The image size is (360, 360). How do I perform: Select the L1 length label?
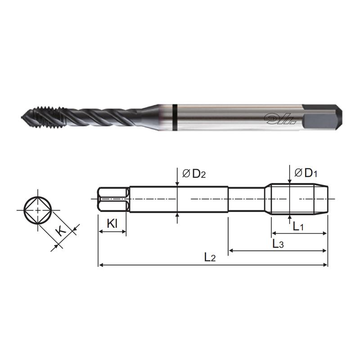pos(298,227)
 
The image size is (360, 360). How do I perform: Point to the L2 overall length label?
pos(210,258)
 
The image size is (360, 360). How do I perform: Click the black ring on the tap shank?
pos(174,118)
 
